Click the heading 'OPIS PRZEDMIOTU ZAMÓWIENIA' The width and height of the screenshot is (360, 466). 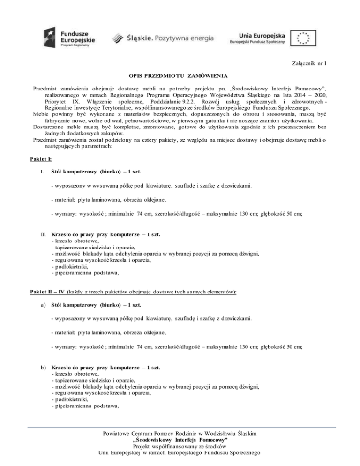[x=180, y=75]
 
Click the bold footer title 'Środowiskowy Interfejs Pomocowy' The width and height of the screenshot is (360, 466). [x=180, y=439]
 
